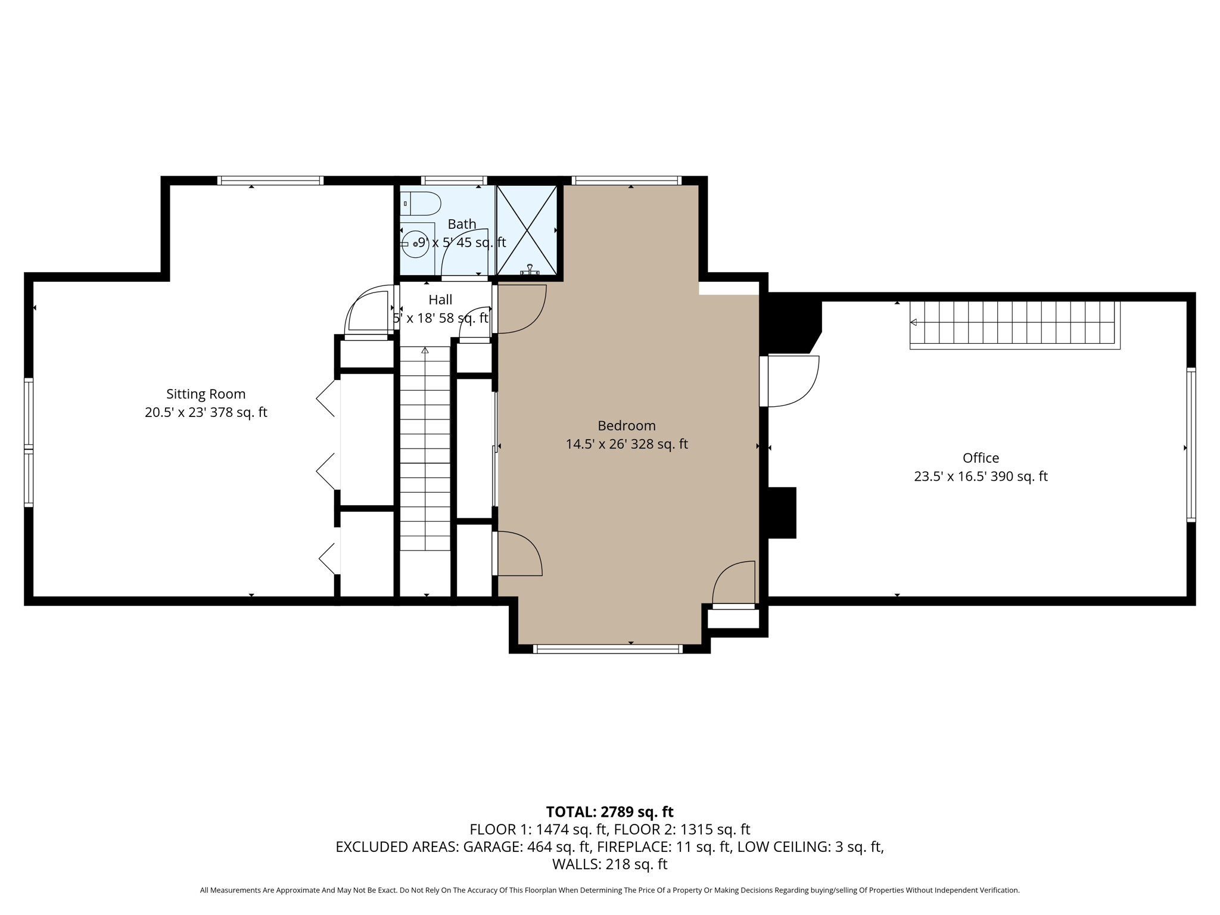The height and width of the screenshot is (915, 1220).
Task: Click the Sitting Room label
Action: tap(206, 394)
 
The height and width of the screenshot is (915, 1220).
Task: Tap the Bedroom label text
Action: tap(626, 425)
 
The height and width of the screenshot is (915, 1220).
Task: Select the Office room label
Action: tap(981, 457)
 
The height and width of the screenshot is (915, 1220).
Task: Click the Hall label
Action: tap(440, 300)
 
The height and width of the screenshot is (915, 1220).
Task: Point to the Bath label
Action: tap(462, 224)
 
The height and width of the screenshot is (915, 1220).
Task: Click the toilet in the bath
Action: tap(420, 204)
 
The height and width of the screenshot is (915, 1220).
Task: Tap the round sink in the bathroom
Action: tap(415, 243)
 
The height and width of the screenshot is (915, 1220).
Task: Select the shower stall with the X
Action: tap(527, 231)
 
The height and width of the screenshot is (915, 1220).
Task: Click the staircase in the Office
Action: tap(1014, 325)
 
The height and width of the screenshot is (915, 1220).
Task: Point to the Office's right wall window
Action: tap(1191, 444)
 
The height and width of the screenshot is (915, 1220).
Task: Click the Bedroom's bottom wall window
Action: tap(608, 649)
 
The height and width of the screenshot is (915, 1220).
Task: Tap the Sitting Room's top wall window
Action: tap(270, 180)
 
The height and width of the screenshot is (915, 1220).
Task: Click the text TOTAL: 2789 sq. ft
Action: tap(609, 811)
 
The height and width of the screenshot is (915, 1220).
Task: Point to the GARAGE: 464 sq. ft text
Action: tap(527, 846)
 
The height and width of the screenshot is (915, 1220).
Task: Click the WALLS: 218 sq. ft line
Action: tap(609, 864)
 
